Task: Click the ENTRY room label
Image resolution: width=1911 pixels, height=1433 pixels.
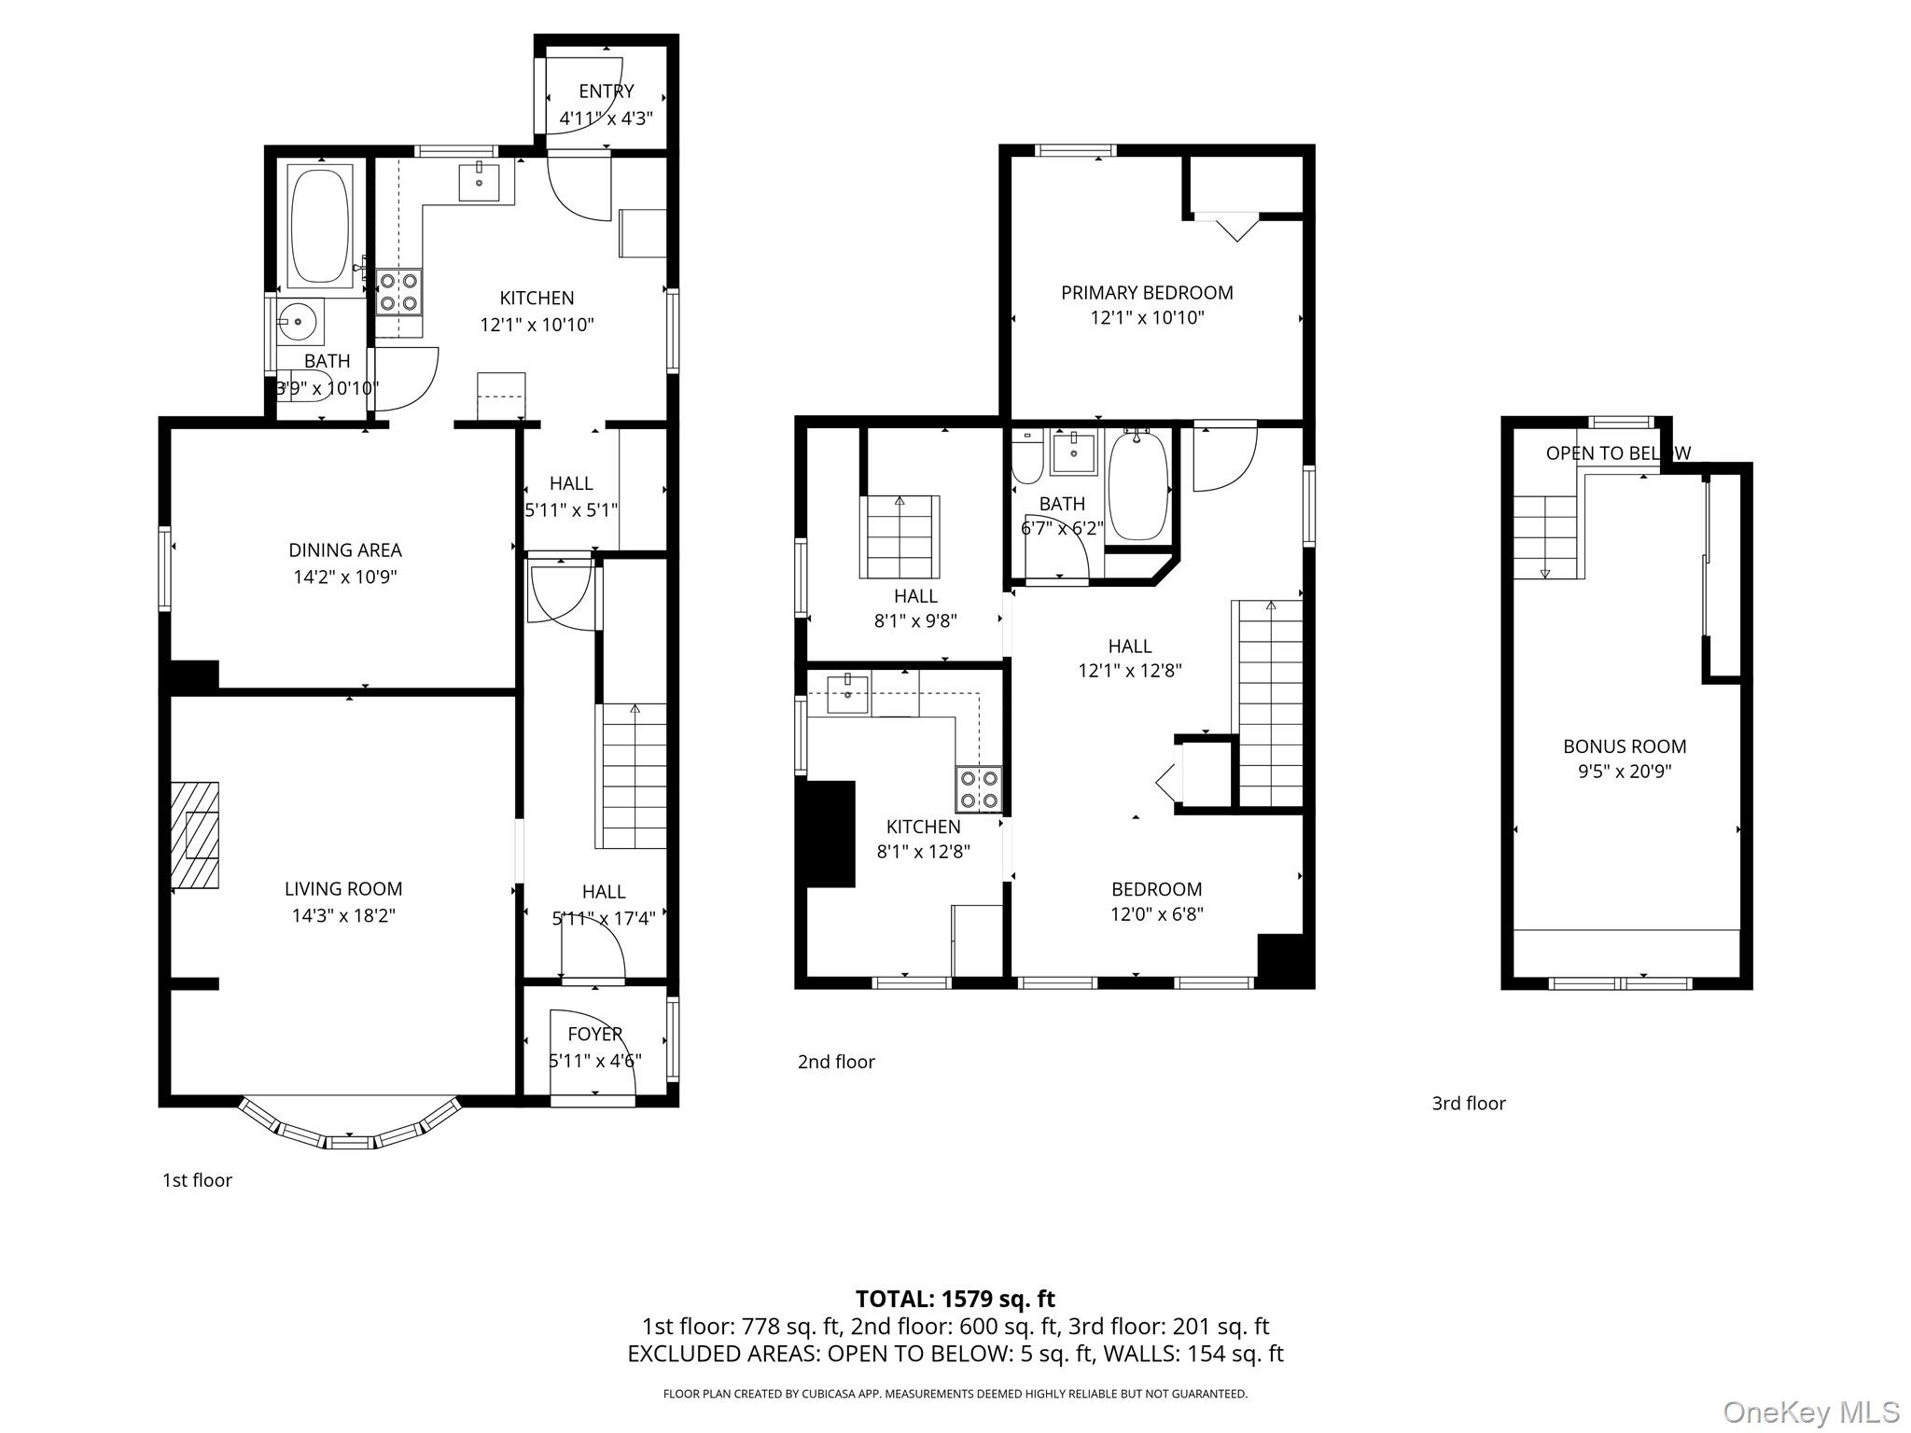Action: pos(606,90)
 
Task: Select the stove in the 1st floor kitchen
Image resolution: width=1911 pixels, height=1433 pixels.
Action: pos(398,291)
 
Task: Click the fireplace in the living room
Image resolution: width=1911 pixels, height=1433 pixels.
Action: pos(196,835)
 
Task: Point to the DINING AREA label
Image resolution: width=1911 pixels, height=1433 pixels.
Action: pos(344,550)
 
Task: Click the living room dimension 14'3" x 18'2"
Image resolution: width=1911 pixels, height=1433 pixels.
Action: pos(343,915)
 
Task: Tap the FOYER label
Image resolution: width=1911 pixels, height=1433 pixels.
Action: pos(594,1034)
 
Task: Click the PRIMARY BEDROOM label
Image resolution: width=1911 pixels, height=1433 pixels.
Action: pos(1147,293)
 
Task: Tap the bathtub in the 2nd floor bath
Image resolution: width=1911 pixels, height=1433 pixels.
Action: pos(1137,485)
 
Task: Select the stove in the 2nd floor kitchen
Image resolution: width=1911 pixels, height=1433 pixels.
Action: pos(978,789)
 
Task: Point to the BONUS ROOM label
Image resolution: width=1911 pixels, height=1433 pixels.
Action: pos(1625,746)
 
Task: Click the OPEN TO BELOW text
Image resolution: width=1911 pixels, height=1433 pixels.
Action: pos(1617,453)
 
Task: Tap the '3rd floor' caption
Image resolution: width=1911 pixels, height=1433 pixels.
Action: pos(1469,1104)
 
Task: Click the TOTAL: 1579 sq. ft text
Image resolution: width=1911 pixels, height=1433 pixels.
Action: pos(955,1299)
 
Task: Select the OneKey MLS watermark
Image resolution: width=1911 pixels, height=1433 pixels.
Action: pos(1810,1412)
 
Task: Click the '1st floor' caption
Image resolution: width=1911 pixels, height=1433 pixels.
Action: pos(197,1180)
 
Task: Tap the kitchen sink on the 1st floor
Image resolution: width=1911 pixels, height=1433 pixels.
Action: pos(480,182)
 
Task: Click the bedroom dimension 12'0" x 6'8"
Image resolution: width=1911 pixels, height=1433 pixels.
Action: pos(1156,914)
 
